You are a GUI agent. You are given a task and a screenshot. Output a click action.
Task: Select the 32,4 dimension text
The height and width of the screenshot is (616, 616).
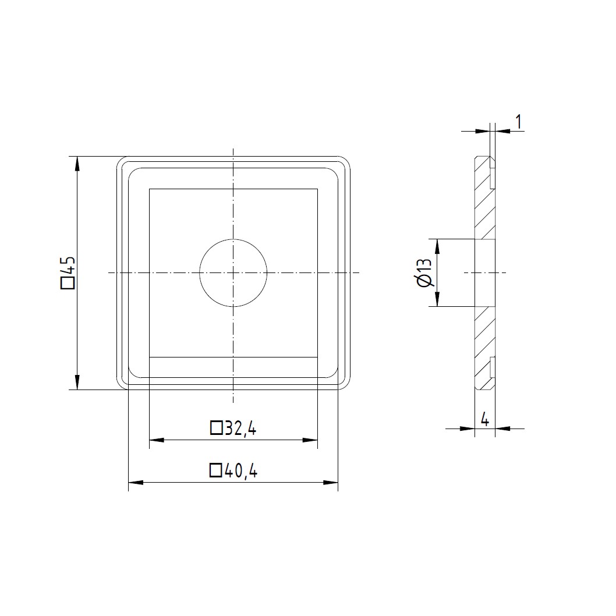point(240,429)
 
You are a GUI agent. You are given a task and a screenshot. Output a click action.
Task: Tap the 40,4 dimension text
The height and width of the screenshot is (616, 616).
point(241,470)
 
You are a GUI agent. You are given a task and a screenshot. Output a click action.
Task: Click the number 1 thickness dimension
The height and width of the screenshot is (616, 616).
point(519,122)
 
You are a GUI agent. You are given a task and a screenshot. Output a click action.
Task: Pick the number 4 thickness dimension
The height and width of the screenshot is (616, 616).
point(485,420)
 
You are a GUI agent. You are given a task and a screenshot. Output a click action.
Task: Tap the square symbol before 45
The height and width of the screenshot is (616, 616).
point(68,283)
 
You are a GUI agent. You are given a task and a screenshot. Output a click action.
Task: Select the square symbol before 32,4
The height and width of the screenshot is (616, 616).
point(217,428)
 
